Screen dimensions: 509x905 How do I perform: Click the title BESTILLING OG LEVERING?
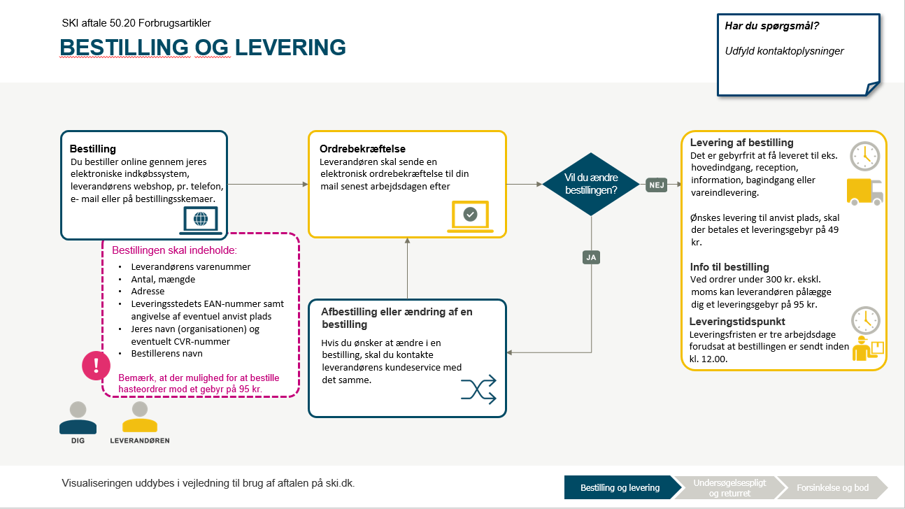[203, 48]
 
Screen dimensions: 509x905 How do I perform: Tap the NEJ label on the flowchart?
[656, 185]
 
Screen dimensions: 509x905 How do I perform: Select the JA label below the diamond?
[591, 258]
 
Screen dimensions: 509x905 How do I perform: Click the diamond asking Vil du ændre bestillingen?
[592, 184]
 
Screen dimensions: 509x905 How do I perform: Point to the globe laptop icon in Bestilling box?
[200, 220]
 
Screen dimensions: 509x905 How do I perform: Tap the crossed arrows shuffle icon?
[478, 389]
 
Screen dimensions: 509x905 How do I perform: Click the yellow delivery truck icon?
[864, 191]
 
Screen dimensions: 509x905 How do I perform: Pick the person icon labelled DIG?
[78, 419]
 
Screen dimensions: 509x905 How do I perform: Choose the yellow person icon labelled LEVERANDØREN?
[140, 419]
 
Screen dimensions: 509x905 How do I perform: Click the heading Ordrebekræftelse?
[362, 149]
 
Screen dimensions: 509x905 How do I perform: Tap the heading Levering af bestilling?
[741, 143]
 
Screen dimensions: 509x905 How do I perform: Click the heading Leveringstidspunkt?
[736, 322]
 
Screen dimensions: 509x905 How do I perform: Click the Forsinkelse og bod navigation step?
[832, 487]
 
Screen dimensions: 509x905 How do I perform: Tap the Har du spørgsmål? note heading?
[772, 27]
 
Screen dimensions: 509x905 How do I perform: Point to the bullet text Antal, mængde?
[163, 279]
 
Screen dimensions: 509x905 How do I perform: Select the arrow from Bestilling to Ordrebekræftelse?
[268, 184]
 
